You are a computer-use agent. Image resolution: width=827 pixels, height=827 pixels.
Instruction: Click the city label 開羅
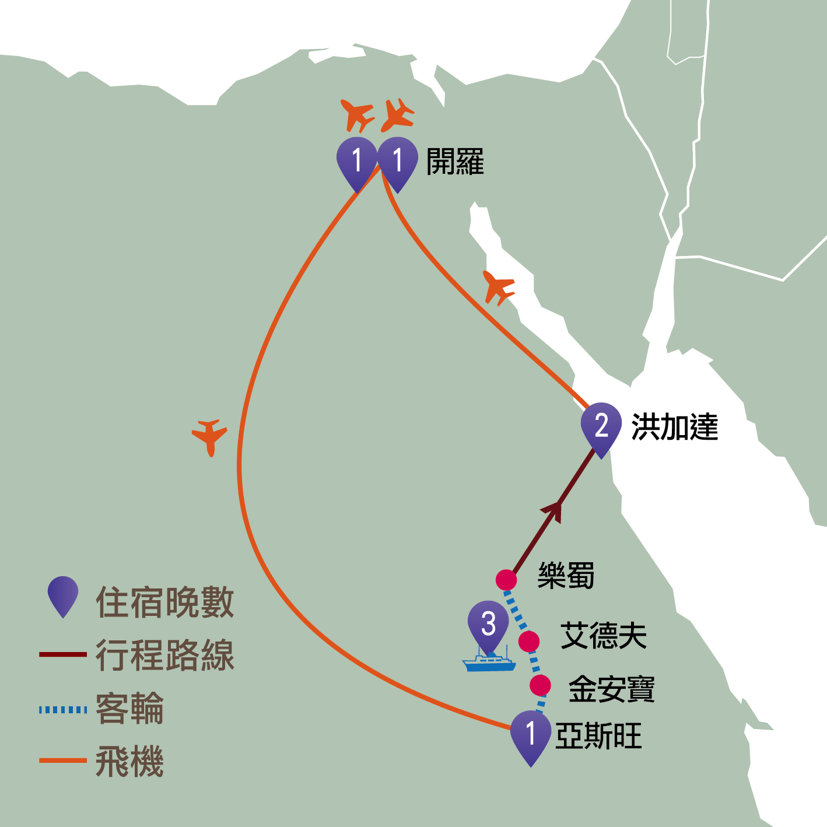(455, 162)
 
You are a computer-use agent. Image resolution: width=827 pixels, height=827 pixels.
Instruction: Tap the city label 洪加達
(674, 427)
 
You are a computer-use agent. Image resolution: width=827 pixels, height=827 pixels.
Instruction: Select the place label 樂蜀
(566, 576)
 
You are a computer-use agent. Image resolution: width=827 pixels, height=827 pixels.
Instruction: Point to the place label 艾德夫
(604, 636)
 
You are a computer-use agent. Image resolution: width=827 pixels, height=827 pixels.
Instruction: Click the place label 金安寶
(612, 689)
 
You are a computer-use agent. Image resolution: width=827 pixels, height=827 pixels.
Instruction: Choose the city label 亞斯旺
(598, 736)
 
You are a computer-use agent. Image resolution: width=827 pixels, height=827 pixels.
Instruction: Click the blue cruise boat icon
(489, 663)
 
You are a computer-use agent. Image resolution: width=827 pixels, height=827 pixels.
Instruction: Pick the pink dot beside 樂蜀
(506, 580)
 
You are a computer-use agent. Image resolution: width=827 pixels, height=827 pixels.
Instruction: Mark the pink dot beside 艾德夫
(529, 642)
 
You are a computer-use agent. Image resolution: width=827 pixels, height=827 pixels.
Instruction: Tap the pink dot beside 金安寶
(541, 685)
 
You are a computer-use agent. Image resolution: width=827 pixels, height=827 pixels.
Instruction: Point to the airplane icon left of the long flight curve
(209, 435)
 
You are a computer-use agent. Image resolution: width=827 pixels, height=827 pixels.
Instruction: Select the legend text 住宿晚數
(165, 602)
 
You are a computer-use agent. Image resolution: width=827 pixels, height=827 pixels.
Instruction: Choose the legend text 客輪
(129, 709)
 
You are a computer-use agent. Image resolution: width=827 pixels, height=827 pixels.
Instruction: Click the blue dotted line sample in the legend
(63, 710)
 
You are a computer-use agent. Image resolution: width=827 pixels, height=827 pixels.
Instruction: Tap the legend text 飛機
(129, 762)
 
